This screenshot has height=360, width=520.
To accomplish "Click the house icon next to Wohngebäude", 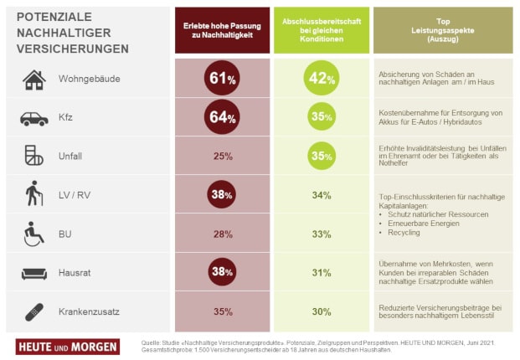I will [33, 80].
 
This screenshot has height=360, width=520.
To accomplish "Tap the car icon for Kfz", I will [33, 118].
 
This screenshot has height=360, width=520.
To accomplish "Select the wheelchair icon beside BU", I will [33, 234].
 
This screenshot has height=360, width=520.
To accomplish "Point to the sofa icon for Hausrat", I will [33, 273].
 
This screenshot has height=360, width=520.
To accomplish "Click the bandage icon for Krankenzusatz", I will [33, 311].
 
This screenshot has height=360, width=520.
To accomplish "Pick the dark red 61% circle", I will [222, 80].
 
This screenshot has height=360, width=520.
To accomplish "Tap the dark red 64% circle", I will [222, 117].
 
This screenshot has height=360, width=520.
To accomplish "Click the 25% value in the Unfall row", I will [223, 157].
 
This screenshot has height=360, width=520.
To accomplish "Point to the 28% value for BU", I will [223, 234].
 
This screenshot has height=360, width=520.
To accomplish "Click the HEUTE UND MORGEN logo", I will [68, 346].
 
